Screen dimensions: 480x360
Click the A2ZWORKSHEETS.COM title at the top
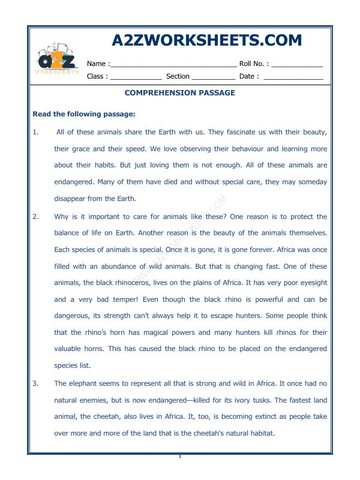coord(207,40)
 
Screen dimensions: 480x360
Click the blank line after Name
coord(173,64)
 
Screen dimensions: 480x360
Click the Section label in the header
coord(178,76)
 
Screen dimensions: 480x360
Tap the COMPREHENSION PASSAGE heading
coord(179,93)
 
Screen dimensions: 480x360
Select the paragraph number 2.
coord(35,217)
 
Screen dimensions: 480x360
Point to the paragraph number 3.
coord(35,383)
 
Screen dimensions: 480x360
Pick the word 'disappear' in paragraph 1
coord(71,199)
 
